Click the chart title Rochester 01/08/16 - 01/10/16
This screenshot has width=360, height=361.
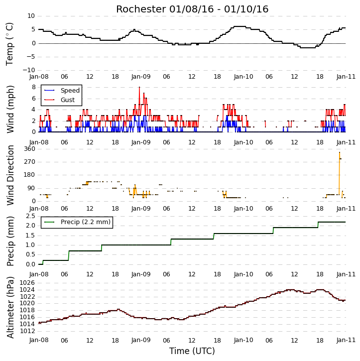pyautogui.click(x=192, y=9)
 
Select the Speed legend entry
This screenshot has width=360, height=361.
pyautogui.click(x=62, y=91)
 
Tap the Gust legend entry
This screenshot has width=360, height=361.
pyautogui.click(x=59, y=100)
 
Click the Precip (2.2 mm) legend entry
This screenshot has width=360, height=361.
pyautogui.click(x=77, y=222)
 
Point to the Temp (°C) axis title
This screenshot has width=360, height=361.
pyautogui.click(x=9, y=44)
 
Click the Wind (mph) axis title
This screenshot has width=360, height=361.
pyautogui.click(x=10, y=109)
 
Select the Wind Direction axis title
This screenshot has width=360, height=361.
pyautogui.click(x=10, y=175)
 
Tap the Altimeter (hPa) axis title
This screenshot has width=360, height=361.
pyautogui.click(x=10, y=307)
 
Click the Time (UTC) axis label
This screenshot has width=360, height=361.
pyautogui.click(x=192, y=351)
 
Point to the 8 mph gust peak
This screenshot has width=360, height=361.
pyautogui.click(x=139, y=87)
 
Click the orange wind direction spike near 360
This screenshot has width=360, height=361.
pyautogui.click(x=340, y=173)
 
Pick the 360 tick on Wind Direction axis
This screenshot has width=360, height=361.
pyautogui.click(x=30, y=149)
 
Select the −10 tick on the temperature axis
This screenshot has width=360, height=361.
pyautogui.click(x=29, y=70)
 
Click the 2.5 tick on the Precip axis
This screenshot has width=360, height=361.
pyautogui.click(x=30, y=216)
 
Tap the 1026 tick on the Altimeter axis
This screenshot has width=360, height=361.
pyautogui.click(x=27, y=283)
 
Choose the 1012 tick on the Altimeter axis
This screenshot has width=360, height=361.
pyautogui.click(x=27, y=331)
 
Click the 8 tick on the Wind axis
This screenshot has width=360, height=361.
pyautogui.click(x=34, y=87)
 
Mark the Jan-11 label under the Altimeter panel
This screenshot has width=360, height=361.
pyautogui.click(x=346, y=340)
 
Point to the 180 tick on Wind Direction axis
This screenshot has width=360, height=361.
pyautogui.click(x=30, y=175)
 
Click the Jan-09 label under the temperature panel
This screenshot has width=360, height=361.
pyautogui.click(x=141, y=77)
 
